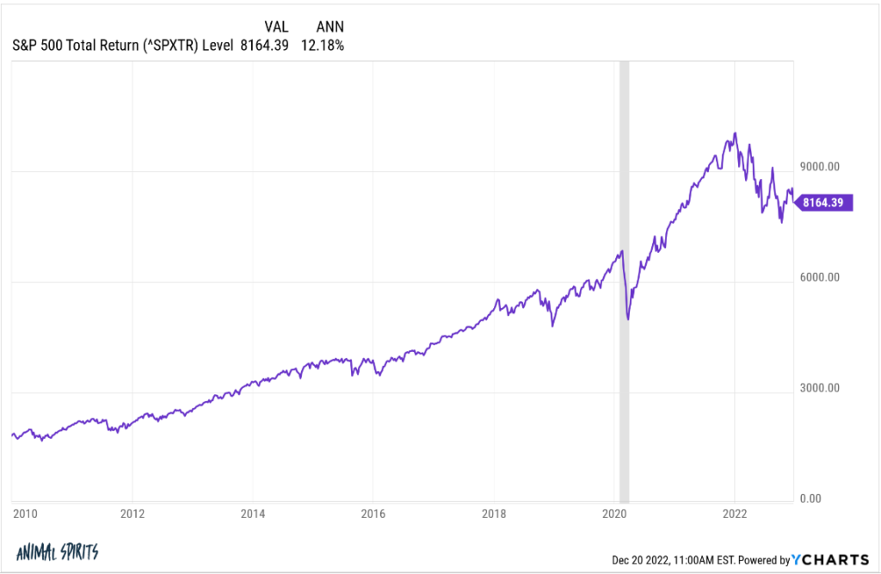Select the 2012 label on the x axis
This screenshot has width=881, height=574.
click(132, 514)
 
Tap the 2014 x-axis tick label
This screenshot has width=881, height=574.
click(252, 514)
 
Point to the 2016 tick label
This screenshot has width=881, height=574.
click(373, 514)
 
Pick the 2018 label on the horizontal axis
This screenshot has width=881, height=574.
click(493, 514)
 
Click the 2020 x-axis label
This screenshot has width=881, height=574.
click(613, 514)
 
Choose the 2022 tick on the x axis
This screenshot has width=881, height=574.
click(734, 514)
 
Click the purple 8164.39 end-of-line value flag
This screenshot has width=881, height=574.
click(825, 203)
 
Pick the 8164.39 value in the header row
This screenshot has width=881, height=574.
click(265, 45)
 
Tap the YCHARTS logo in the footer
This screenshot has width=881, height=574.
click(835, 559)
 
